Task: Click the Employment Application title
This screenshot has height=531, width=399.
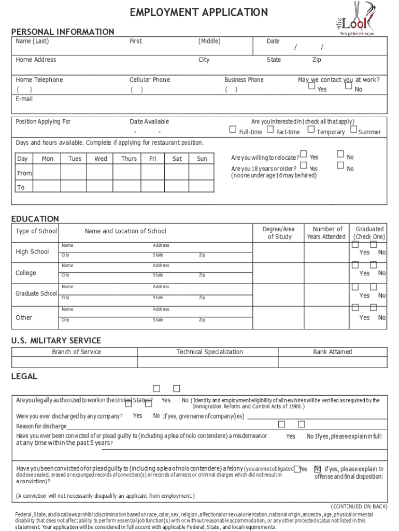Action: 199,12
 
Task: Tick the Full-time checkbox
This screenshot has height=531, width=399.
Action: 233,130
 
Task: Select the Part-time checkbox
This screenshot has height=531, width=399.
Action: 270,130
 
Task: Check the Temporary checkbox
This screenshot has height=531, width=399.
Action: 311,130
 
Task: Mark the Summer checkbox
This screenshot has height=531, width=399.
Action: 353,130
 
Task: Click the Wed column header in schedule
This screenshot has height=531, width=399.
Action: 101,159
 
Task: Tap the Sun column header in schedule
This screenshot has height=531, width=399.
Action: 202,159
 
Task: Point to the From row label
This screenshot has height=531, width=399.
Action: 24,173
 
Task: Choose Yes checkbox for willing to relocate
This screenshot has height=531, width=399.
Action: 303,155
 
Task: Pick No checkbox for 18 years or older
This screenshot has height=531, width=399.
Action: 340,165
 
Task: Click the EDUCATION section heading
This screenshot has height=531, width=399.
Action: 35,219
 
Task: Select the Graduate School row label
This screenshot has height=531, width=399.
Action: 36,294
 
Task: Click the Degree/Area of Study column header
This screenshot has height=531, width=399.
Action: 279,233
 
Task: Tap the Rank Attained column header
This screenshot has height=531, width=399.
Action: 332,352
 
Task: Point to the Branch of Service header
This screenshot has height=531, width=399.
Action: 76,352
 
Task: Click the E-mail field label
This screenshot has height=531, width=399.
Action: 24,99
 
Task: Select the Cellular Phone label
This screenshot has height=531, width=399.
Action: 149,80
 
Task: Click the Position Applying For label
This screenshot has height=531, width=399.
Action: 43,122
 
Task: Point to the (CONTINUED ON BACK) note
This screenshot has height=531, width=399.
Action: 359,506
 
